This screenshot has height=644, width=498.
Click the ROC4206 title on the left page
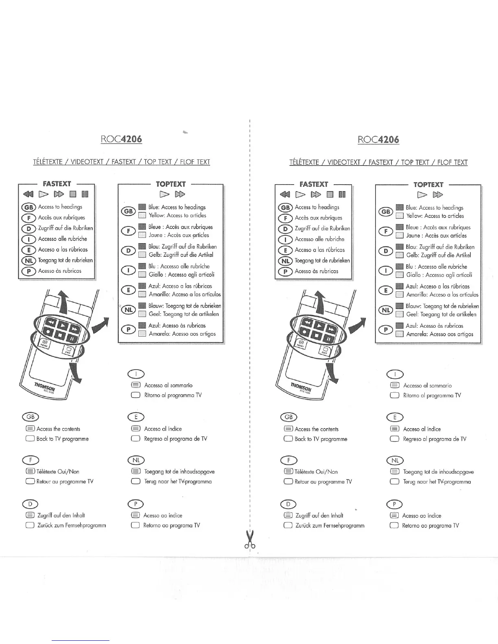(121, 139)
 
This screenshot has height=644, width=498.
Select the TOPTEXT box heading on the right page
(428, 185)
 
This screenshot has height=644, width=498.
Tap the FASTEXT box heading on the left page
(57, 184)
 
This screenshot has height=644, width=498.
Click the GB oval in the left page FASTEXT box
(29, 207)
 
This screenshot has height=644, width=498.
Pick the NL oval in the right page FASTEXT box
(286, 261)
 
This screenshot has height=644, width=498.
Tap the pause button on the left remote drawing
(71, 338)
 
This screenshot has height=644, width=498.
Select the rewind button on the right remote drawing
(309, 324)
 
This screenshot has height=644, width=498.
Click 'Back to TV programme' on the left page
(62, 439)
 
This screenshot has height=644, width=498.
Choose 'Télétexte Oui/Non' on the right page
(316, 472)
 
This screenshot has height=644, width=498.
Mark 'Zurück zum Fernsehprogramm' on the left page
(72, 525)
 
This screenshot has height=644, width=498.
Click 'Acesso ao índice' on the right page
(422, 516)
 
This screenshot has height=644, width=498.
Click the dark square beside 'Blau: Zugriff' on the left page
(142, 246)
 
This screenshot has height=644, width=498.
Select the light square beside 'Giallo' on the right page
(400, 275)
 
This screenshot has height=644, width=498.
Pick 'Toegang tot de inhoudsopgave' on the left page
(179, 472)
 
